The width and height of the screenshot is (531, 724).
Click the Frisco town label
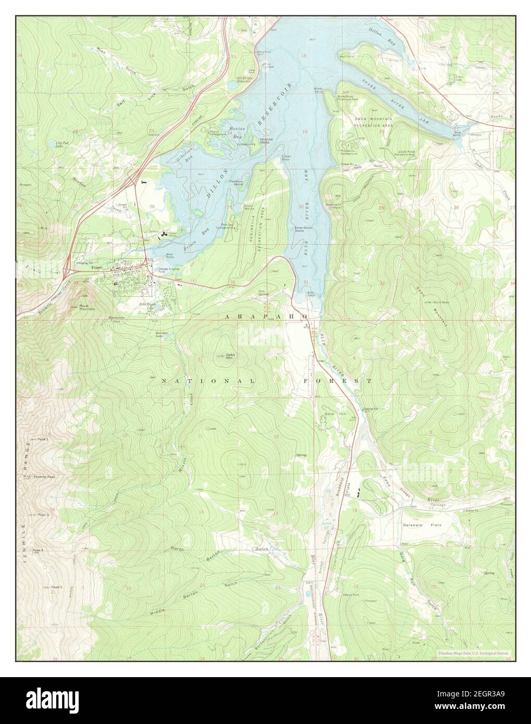coord(95,267)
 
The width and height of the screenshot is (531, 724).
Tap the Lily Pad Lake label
coord(62,144)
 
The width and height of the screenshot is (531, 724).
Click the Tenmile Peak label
coord(44,477)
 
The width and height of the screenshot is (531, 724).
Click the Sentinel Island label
coord(264,142)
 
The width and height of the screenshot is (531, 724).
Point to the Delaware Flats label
coord(422,525)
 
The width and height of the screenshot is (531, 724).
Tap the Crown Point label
coord(286,157)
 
